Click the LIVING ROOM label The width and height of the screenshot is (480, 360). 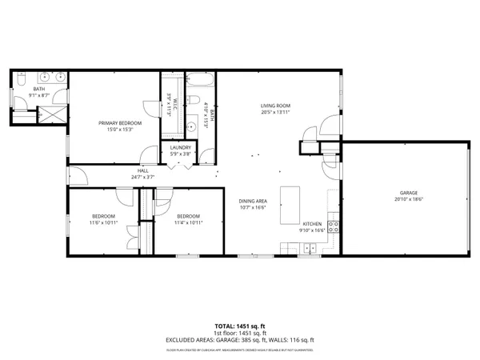(274, 106)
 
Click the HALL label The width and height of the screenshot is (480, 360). (143, 170)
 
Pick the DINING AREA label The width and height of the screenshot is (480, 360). (252, 202)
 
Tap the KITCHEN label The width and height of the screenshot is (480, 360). (311, 224)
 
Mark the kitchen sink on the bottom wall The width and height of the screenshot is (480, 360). (309, 250)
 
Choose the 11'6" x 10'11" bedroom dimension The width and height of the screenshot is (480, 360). (103, 222)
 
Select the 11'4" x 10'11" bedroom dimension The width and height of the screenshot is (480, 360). (188, 222)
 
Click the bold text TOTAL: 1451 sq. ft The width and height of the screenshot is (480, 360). (240, 326)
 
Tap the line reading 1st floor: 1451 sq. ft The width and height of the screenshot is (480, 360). (240, 333)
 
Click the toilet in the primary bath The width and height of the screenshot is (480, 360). (20, 78)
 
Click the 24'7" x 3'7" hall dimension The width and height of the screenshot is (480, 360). (143, 177)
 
